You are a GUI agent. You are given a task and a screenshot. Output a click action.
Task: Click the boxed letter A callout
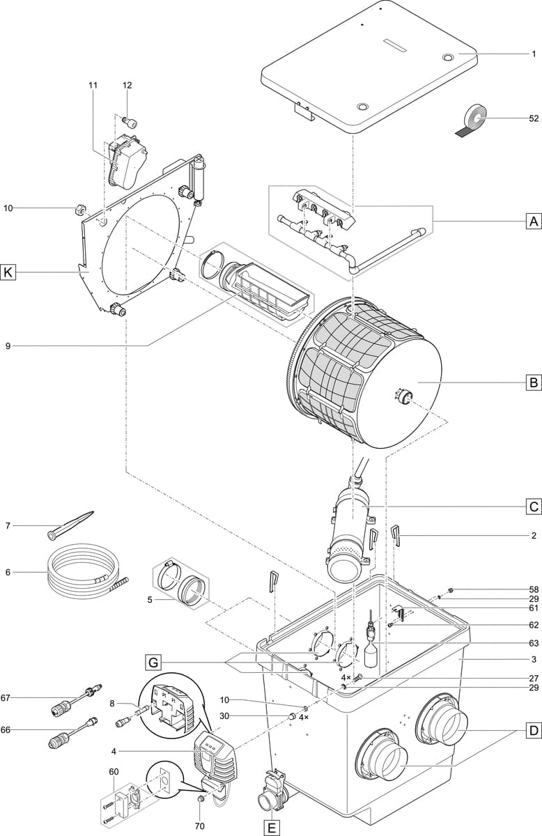533,222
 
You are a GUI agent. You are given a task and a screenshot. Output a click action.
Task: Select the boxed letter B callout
533,382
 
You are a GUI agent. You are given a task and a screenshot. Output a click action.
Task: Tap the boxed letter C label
533,506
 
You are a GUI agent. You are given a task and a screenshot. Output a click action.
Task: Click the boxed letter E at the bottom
271,828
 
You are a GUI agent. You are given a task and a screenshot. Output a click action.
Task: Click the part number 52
534,118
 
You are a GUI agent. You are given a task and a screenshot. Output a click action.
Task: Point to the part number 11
93,85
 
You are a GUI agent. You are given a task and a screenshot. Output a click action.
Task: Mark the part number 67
6,697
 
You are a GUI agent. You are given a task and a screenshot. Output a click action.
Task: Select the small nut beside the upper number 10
79,208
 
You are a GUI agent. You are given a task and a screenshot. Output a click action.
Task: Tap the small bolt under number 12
130,123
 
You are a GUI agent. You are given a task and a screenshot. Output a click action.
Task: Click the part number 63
534,643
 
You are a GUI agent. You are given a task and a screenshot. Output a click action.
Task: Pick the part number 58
534,589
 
